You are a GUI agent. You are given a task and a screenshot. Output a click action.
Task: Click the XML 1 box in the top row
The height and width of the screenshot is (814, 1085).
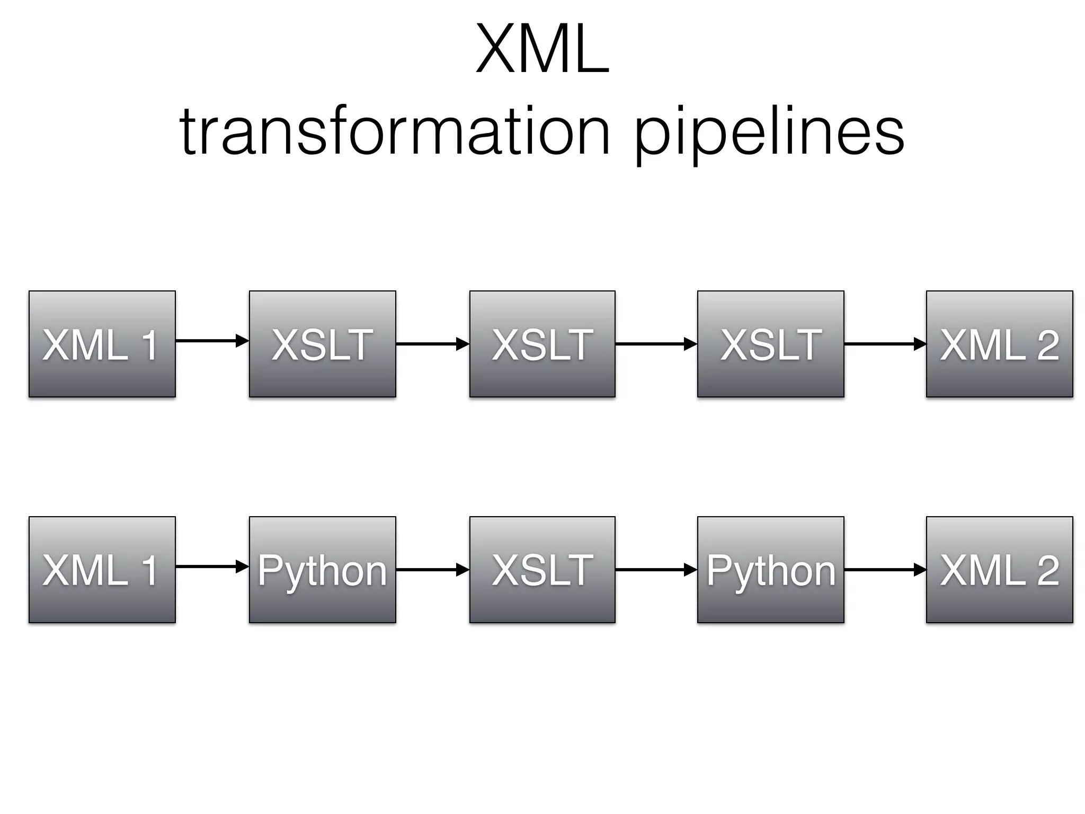[x=102, y=344]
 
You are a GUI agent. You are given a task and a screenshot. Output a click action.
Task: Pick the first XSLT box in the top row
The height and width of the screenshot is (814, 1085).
[x=322, y=344]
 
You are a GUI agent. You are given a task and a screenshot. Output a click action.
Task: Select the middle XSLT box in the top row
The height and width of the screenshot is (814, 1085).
[x=542, y=344]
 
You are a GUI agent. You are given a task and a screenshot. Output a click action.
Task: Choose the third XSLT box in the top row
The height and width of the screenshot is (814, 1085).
[x=770, y=344]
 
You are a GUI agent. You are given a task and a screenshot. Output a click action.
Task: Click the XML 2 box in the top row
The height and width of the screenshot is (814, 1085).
[x=999, y=344]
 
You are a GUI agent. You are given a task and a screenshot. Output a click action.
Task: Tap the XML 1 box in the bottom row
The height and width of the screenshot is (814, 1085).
[x=102, y=570]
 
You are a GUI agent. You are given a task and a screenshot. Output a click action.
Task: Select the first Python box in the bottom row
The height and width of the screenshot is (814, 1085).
[x=322, y=570]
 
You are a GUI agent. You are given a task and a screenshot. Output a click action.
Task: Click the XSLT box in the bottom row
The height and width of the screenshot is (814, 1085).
[x=542, y=570]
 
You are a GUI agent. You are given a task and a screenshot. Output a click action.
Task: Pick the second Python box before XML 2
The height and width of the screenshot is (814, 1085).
[x=770, y=570]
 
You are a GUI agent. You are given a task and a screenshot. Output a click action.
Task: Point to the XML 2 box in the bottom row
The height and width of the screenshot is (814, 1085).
[x=999, y=570]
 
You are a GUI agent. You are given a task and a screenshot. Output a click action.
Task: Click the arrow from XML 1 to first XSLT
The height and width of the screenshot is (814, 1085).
[x=212, y=340]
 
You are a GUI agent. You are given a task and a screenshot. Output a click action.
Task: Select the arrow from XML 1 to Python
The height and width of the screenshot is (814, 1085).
[x=212, y=567]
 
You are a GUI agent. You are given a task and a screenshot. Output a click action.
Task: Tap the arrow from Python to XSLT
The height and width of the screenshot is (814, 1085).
[x=432, y=570]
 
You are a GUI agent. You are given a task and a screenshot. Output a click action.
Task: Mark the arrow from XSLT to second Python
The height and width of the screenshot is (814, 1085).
[x=656, y=570]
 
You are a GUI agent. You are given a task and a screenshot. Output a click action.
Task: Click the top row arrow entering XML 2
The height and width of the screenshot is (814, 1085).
[x=885, y=344]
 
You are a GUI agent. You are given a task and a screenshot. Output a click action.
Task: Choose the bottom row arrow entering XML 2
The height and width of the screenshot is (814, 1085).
[x=885, y=570]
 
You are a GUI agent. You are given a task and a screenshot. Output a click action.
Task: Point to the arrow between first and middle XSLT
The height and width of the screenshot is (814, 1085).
[x=432, y=344]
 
